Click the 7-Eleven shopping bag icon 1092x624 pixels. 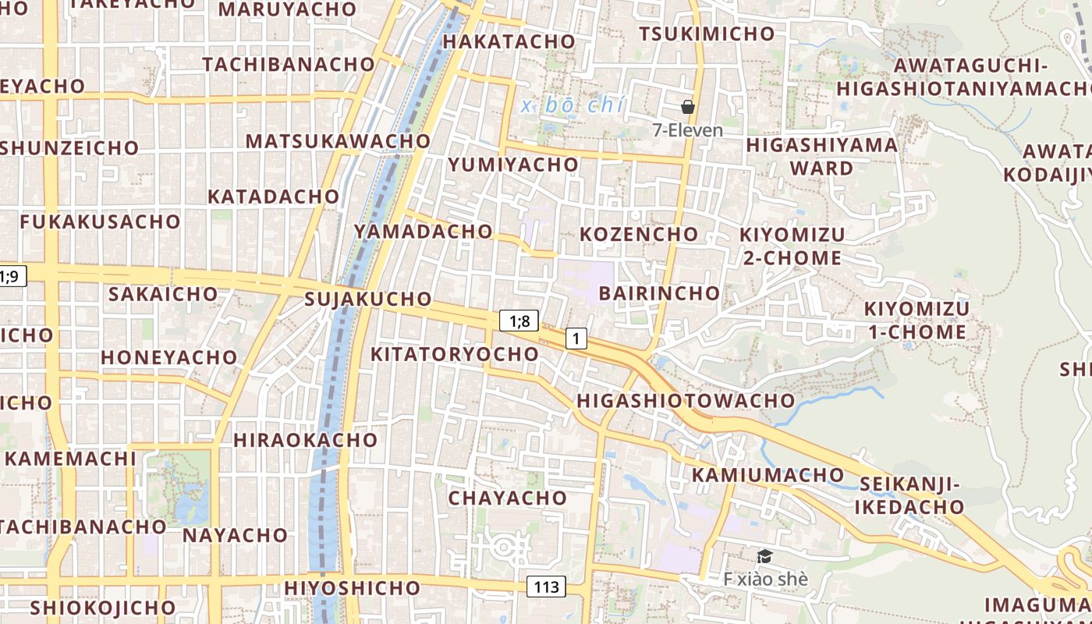(x=688, y=107)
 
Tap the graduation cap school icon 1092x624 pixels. (x=764, y=556)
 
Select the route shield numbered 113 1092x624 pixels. (x=546, y=587)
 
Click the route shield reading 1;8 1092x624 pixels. (x=519, y=321)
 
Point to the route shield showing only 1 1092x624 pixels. (x=576, y=339)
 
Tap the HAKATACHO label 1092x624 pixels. (x=509, y=41)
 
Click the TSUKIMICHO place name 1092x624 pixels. (x=707, y=34)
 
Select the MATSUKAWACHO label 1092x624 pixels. (x=338, y=141)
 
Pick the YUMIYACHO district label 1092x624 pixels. (x=513, y=165)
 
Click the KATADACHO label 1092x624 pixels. (x=273, y=197)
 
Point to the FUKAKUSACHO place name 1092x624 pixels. (x=100, y=222)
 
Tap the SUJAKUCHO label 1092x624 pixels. (x=368, y=299)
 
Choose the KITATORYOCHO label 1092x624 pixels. (x=454, y=354)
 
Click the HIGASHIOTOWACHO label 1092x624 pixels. (x=686, y=401)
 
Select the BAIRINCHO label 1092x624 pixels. (x=659, y=293)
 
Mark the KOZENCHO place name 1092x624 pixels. (x=639, y=234)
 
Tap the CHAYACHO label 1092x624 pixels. (x=507, y=498)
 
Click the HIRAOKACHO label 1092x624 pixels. (x=306, y=440)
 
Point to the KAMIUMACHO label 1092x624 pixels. (x=768, y=475)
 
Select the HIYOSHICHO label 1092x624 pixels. (x=353, y=587)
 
